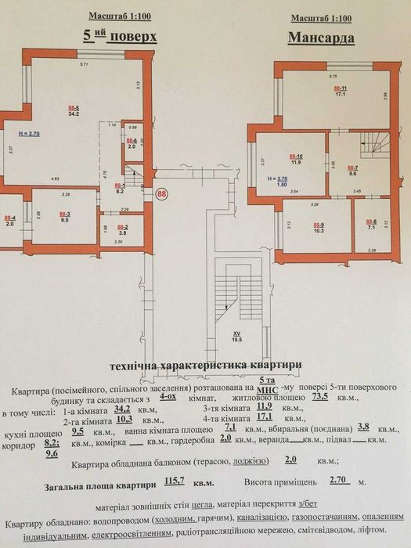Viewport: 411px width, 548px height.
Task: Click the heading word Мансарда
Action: click(x=321, y=37)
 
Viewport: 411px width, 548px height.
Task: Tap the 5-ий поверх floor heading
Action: click(x=121, y=36)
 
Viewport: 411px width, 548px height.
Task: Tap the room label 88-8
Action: click(x=372, y=224)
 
